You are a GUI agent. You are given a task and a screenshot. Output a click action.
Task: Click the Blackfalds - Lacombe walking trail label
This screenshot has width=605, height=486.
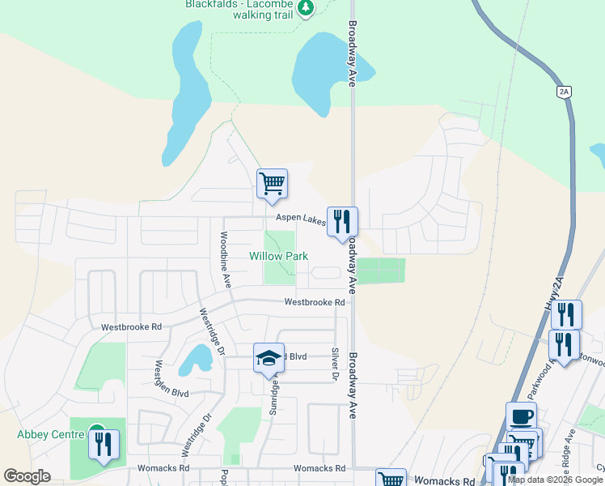239,9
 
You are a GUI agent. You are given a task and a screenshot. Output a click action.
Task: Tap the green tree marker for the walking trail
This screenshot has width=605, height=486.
305,9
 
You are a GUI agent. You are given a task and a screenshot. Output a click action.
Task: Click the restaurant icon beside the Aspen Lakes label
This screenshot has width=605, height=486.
342,220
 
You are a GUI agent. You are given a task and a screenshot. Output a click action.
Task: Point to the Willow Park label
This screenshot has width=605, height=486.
278,256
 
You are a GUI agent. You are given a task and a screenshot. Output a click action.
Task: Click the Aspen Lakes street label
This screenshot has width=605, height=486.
300,219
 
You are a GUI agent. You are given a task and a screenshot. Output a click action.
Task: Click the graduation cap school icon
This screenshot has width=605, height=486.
269,359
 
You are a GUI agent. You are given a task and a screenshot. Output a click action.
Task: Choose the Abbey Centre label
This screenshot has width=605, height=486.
51,434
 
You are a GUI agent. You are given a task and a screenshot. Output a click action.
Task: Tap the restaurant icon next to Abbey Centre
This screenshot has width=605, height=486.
104,444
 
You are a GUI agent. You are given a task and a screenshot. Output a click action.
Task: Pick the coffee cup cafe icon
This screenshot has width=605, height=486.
521,416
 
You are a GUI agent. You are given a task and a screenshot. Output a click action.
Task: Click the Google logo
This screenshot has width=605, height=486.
27,476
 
